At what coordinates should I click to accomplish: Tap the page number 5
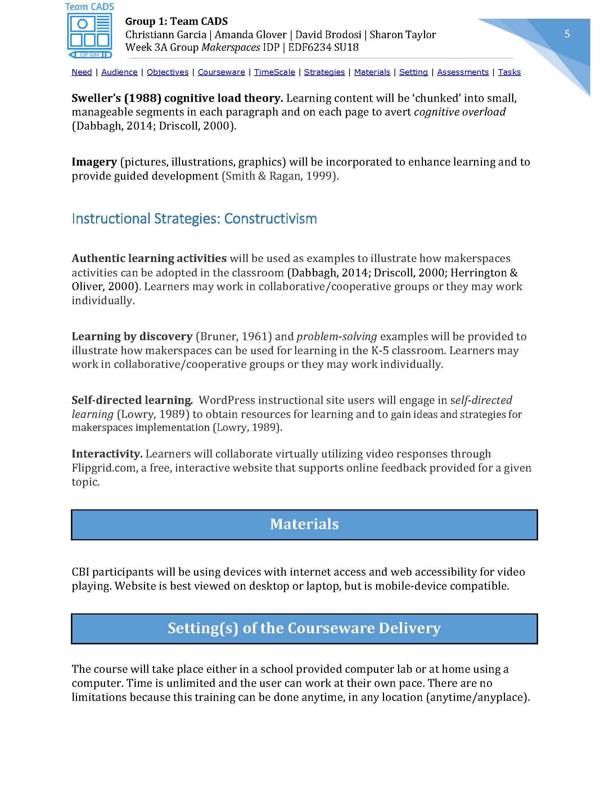coord(567,34)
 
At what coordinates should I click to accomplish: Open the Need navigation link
coord(82,72)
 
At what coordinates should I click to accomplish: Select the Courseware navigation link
coord(221,72)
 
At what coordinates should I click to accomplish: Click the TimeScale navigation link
coord(274,72)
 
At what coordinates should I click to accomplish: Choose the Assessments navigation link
coord(463,72)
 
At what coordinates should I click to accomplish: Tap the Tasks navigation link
coord(509,72)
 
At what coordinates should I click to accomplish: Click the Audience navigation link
coord(119,72)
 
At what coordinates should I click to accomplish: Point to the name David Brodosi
coord(328,35)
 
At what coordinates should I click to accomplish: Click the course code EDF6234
coord(309,48)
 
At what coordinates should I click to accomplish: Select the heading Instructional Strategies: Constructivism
coord(194,219)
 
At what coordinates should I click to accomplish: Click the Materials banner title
coord(304,524)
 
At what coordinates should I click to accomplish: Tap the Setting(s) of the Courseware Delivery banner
coord(304,628)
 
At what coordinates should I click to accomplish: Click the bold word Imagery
coord(94,162)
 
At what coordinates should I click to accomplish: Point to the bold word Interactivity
coord(107,454)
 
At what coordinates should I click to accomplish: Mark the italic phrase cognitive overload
coord(460,112)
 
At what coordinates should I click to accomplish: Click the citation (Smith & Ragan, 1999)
coord(280,176)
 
